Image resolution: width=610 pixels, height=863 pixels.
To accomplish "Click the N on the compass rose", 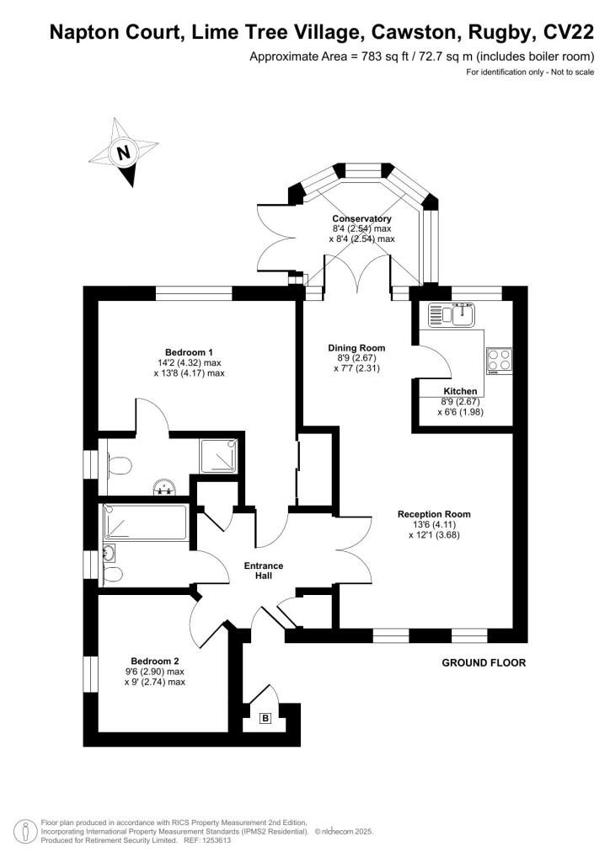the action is [x=125, y=153].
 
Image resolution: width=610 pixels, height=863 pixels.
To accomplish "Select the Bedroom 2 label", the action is [x=154, y=661].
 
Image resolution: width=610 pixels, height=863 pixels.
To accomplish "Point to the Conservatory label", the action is [x=362, y=218].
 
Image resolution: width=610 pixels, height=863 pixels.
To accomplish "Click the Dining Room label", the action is [x=356, y=348].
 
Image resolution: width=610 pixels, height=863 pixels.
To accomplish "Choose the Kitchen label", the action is [x=460, y=391].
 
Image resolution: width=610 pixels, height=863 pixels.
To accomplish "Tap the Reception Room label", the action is [x=434, y=514].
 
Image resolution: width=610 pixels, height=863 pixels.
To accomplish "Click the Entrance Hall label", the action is [x=264, y=571].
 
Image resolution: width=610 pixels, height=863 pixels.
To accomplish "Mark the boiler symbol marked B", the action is [x=265, y=718].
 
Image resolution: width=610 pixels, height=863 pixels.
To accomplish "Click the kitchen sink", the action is [x=452, y=314].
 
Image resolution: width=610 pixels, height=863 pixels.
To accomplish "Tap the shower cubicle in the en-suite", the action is [x=219, y=456].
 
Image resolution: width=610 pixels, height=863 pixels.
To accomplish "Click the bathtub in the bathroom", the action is [x=145, y=523].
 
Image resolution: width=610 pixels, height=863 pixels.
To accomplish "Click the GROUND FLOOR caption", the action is [x=484, y=662].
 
